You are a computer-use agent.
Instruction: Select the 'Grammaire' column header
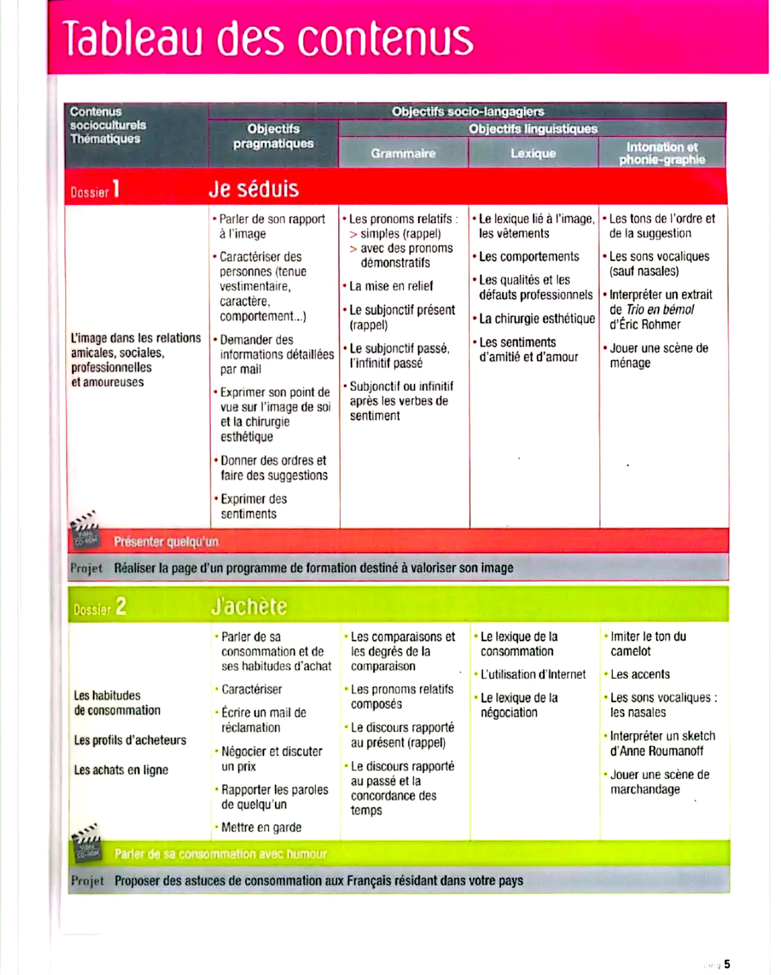coord(403,153)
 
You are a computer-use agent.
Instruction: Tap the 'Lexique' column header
coord(533,153)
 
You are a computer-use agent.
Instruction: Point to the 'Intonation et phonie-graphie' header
coord(662,153)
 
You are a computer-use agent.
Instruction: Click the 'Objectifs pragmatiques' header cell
coord(273,136)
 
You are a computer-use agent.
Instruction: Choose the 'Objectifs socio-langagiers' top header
coord(467,111)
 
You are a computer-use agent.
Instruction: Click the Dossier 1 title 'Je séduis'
coord(253,189)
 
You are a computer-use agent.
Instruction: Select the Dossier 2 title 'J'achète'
coord(249,606)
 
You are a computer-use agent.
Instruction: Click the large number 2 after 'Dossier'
coord(120,606)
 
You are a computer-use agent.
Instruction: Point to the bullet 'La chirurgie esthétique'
coord(537,319)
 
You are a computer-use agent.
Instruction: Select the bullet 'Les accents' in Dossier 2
coord(640,674)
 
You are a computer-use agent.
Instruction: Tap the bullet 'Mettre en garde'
coord(261,827)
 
